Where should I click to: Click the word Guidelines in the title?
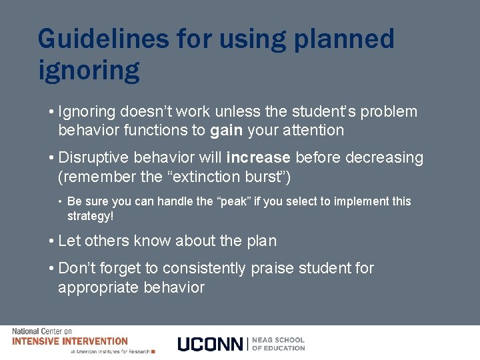click(103, 39)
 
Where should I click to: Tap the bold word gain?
click(226, 131)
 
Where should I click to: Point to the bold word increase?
click(258, 158)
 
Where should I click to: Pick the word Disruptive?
click(93, 158)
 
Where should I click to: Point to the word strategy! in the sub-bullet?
click(90, 217)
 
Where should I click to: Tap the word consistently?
click(204, 268)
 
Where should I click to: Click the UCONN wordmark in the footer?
click(211, 344)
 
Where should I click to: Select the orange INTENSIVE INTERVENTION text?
click(70, 341)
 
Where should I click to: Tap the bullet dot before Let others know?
click(51, 241)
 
